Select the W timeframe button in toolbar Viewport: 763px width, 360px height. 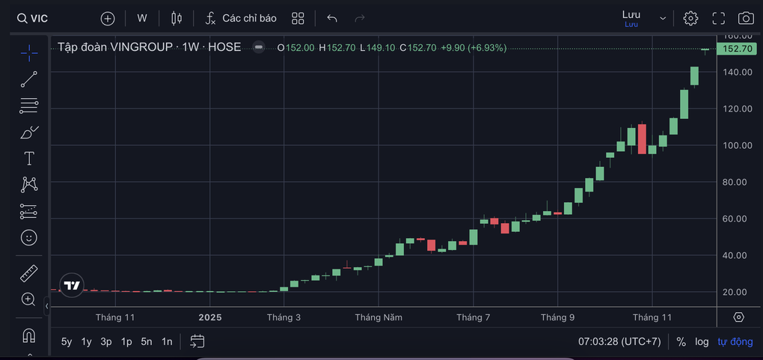click(142, 18)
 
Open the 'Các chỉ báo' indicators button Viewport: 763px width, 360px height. click(241, 18)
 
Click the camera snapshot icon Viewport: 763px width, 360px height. click(745, 19)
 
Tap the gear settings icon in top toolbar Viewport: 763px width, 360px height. click(690, 19)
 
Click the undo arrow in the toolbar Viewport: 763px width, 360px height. click(332, 18)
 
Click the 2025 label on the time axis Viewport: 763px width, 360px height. click(210, 317)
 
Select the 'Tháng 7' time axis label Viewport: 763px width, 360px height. click(474, 317)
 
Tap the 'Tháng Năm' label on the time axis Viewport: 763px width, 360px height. click(379, 317)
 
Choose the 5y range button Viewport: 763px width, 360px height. click(67, 341)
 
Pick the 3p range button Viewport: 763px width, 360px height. click(106, 341)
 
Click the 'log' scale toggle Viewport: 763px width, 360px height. click(702, 341)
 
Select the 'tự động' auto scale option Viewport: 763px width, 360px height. click(735, 341)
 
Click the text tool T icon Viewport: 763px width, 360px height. click(29, 158)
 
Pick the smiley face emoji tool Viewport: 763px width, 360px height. click(28, 237)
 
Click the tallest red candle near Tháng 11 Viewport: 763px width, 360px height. click(642, 138)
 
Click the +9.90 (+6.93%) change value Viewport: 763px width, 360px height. click(474, 47)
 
